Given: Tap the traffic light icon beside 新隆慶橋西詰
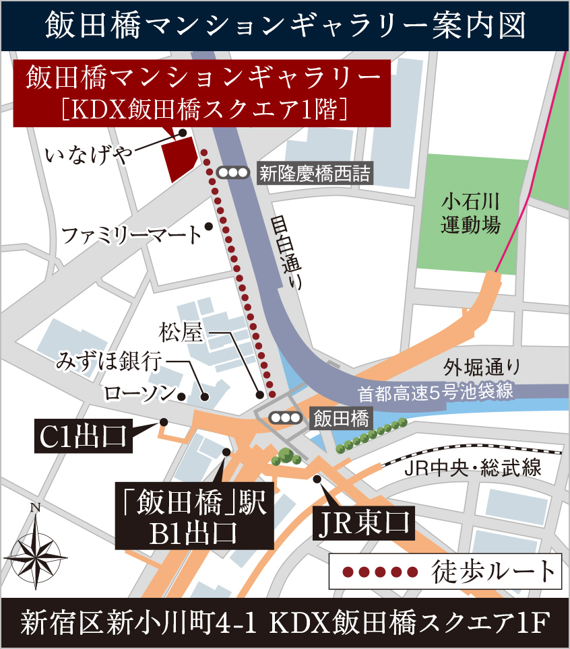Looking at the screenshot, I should click(x=232, y=173).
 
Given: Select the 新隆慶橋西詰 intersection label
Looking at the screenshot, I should click(x=314, y=173).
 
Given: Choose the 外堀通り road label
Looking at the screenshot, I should click(x=482, y=368).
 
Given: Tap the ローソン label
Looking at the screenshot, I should click(x=138, y=393).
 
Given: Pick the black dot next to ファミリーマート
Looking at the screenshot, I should click(x=210, y=226).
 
